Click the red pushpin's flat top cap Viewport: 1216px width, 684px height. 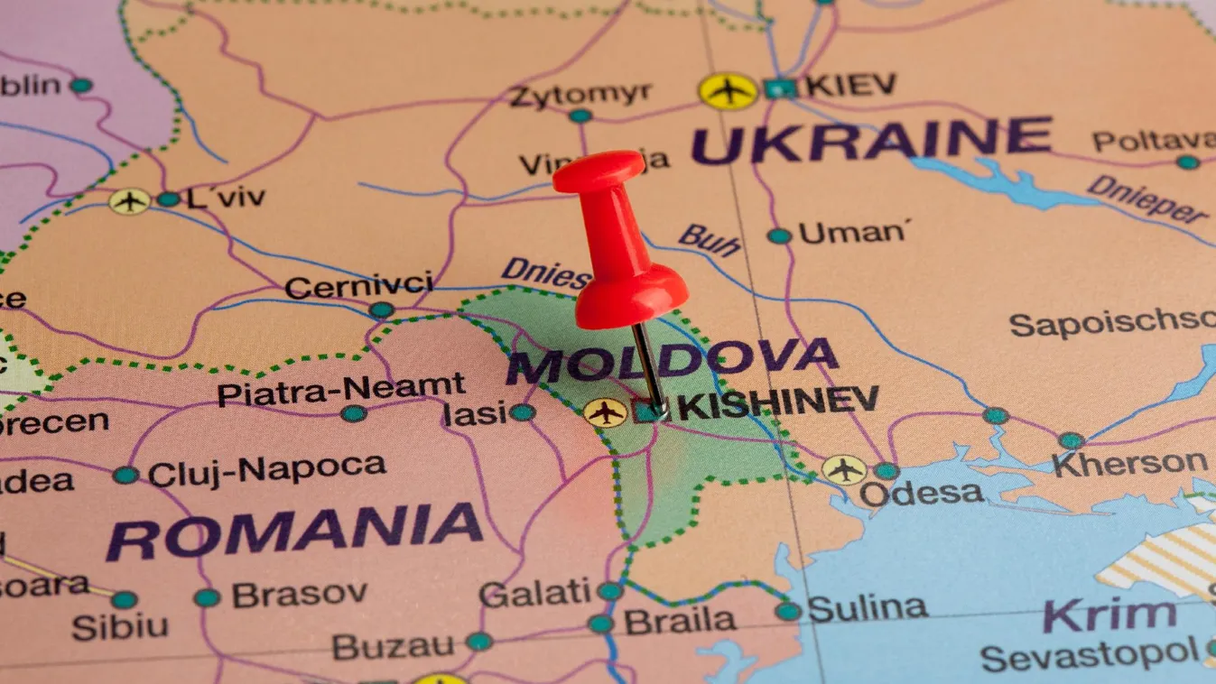tap(599, 170)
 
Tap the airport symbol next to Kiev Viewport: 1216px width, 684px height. tap(728, 91)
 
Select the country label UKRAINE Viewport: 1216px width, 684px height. tap(871, 140)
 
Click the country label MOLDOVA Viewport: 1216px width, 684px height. tap(672, 361)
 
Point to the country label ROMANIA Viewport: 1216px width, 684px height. tap(294, 531)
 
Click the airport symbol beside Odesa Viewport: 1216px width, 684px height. tap(843, 470)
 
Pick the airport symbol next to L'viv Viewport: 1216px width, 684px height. tap(130, 200)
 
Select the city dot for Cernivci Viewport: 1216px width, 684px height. tap(382, 310)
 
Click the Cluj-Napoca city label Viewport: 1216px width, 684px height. tap(267, 469)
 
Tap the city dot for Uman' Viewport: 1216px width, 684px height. tap(778, 236)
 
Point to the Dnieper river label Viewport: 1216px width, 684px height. tap(1147, 199)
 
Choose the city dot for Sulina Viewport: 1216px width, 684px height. tap(788, 611)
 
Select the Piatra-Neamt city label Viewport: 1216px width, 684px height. tap(341, 390)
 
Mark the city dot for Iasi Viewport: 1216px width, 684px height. tap(522, 412)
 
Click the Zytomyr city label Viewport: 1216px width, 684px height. tap(580, 94)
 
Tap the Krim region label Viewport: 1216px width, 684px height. tap(1109, 616)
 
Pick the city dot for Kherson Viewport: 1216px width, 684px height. tap(1071, 440)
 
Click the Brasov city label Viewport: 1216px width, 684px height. tap(299, 595)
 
